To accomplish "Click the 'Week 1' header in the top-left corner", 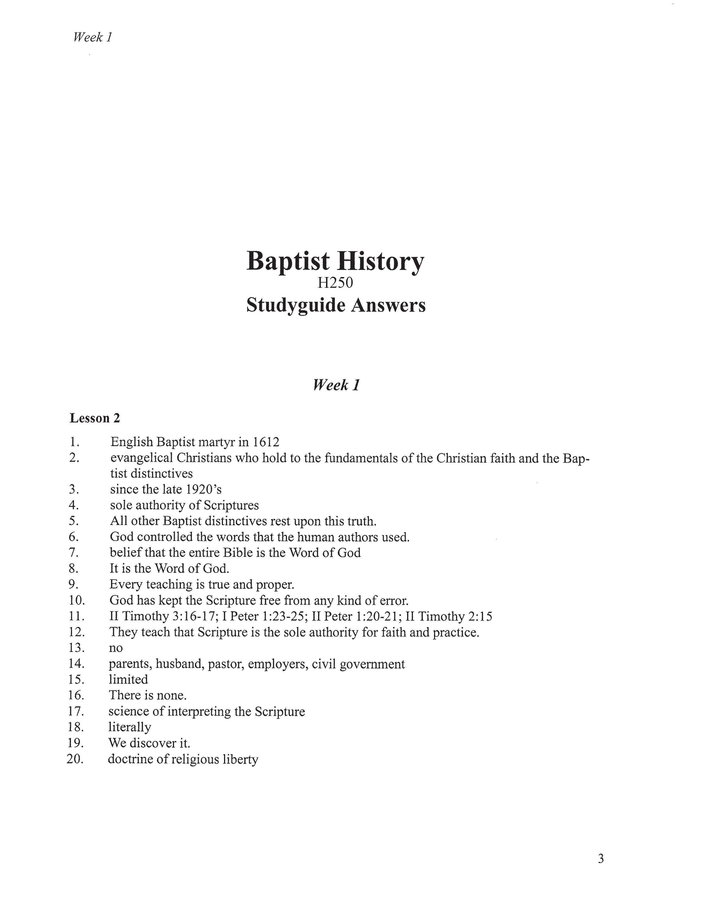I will [x=93, y=37].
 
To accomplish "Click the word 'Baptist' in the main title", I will [x=288, y=261].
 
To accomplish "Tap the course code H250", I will [x=335, y=283].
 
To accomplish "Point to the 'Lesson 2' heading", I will [x=95, y=418].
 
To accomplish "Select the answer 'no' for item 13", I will [x=116, y=648].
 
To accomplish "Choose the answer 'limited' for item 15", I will [x=128, y=679].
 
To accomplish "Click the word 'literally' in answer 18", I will [x=130, y=727].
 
